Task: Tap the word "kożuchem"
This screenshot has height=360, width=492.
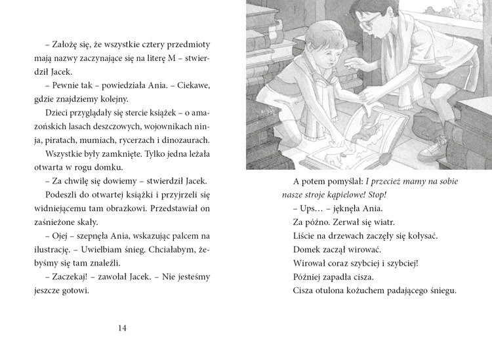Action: [x=367, y=290]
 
